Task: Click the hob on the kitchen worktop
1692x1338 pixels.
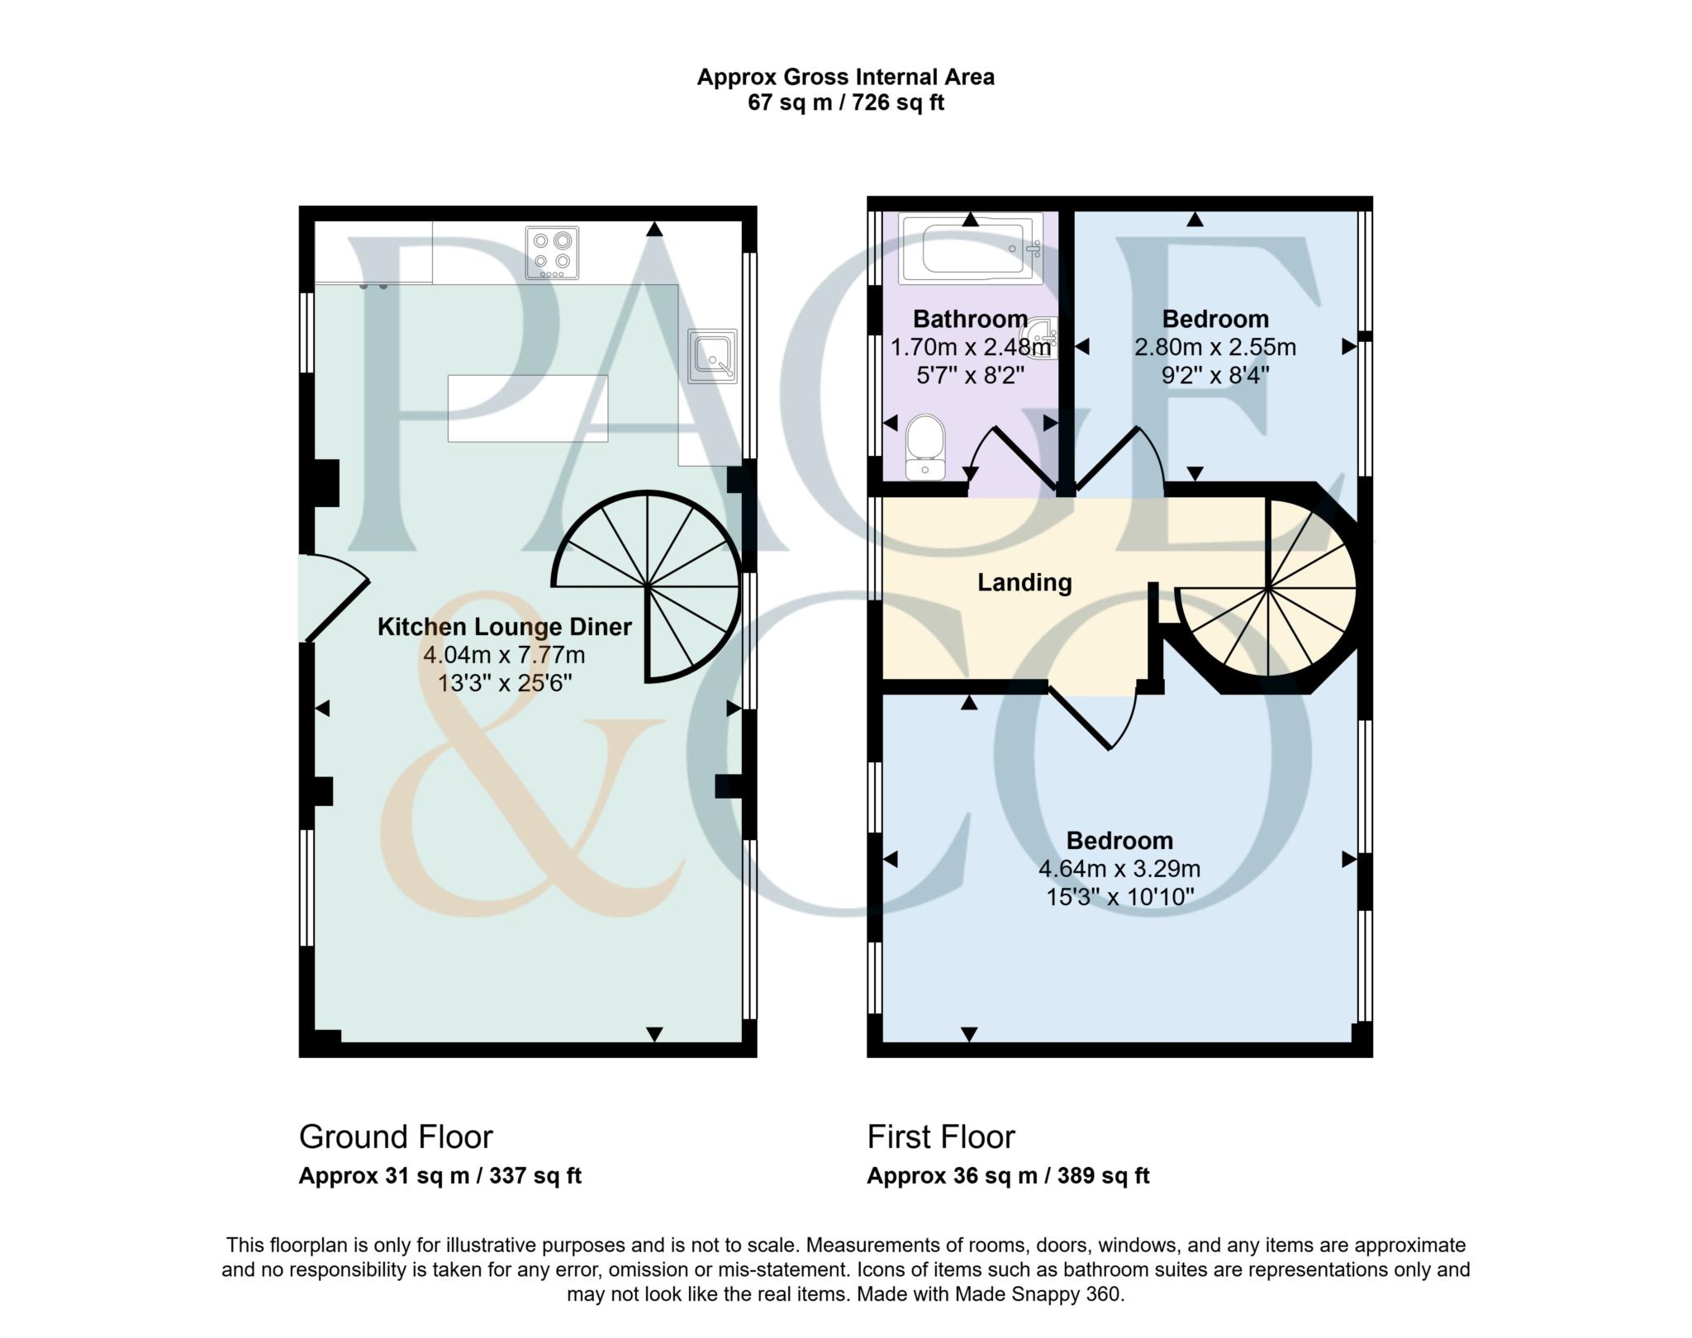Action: (553, 252)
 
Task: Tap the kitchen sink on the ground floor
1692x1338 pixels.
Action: (712, 356)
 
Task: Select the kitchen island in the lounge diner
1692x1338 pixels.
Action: (528, 408)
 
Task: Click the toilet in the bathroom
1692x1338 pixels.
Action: (925, 447)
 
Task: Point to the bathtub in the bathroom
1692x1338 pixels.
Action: (971, 248)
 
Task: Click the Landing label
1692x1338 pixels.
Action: (1024, 582)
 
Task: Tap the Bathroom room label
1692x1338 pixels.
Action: (970, 319)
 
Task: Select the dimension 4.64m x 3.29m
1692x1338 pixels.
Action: (1119, 869)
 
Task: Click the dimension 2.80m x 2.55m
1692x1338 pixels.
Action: (1214, 347)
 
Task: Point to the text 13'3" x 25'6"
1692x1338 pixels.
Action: (505, 683)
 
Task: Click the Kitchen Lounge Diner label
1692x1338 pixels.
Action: (505, 627)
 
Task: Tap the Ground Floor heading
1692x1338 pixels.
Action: (396, 1136)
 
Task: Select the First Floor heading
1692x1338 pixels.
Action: (940, 1136)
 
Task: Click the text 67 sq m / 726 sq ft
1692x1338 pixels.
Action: (845, 103)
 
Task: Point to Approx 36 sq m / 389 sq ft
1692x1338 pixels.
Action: (1008, 1175)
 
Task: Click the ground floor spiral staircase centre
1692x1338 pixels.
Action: (648, 586)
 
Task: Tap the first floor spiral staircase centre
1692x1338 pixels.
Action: (1267, 588)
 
